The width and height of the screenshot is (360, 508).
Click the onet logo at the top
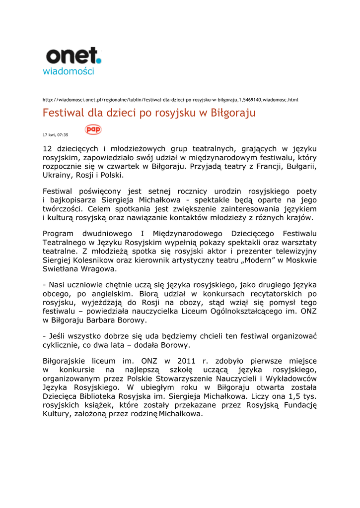click(x=73, y=56)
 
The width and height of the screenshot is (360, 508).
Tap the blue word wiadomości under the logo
click(x=69, y=71)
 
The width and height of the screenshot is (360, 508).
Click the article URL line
click(x=170, y=100)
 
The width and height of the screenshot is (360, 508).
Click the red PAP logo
click(x=93, y=129)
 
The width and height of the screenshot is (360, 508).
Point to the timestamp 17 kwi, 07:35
click(x=56, y=134)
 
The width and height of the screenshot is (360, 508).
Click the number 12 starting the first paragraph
click(x=48, y=148)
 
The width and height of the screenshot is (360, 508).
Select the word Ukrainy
click(x=57, y=175)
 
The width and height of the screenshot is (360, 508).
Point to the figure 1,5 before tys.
click(x=293, y=396)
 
